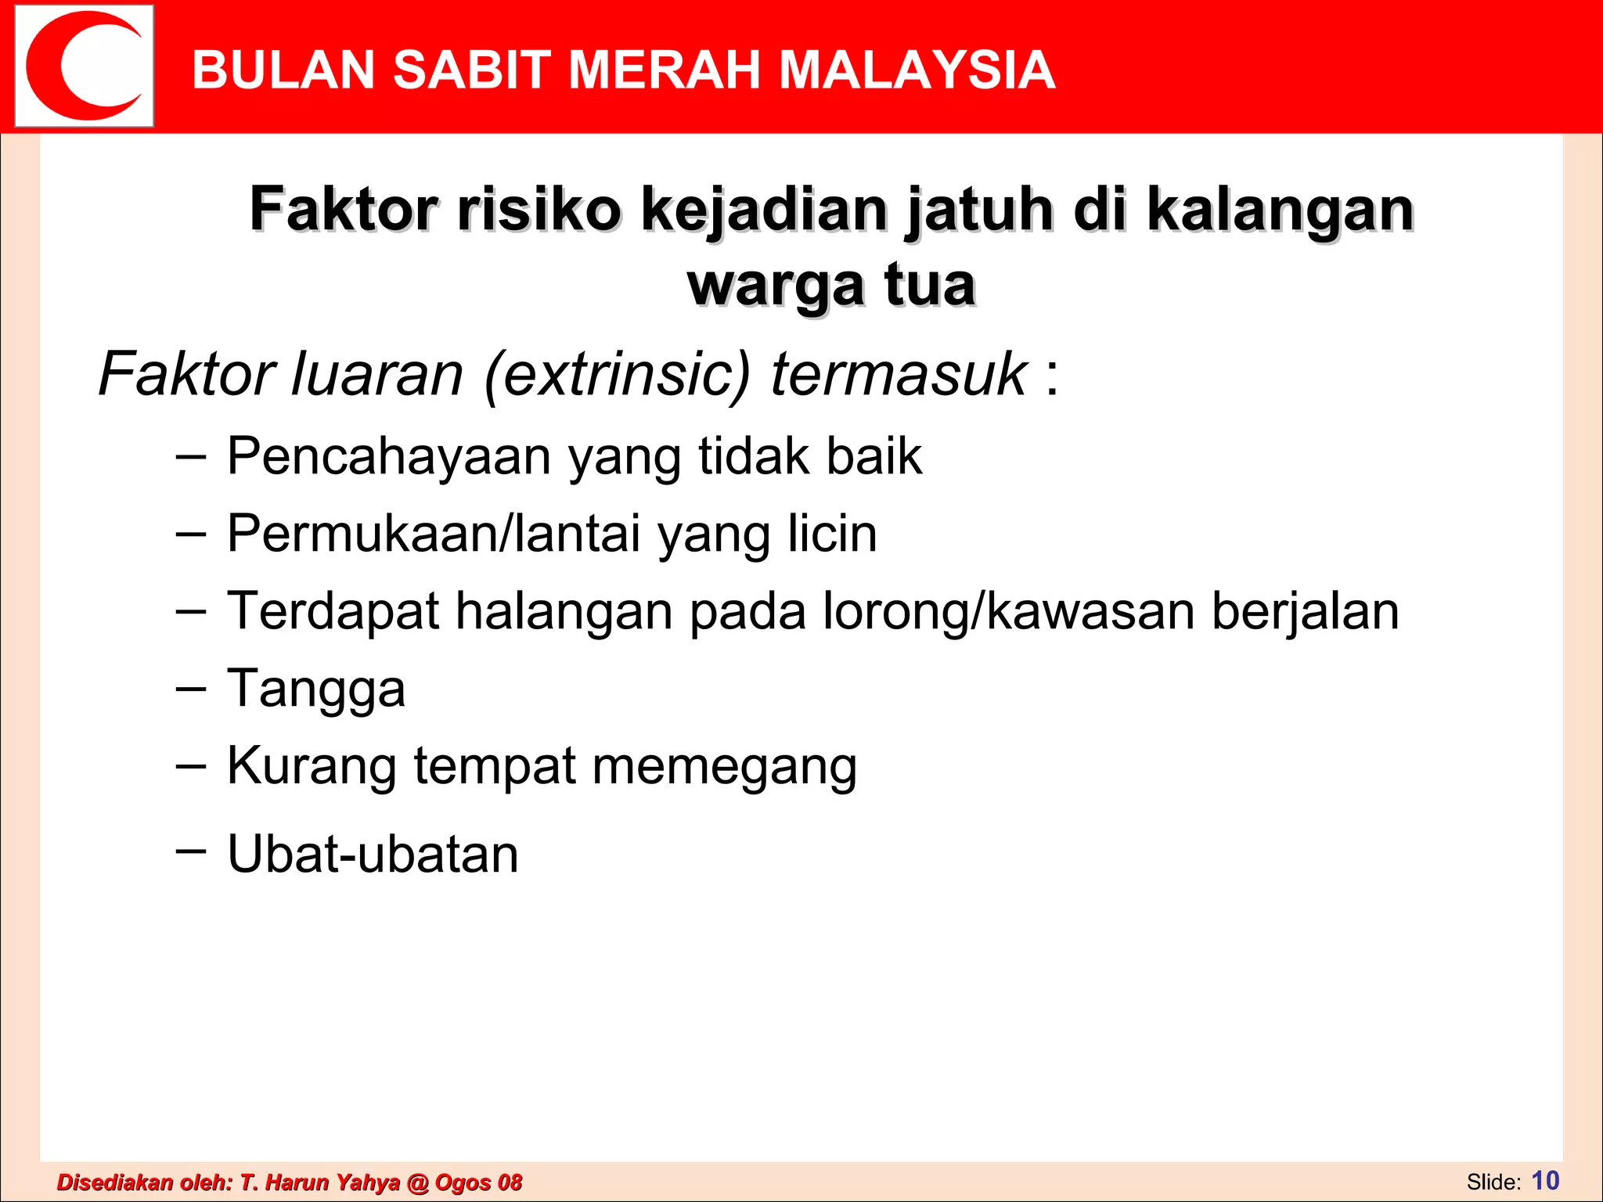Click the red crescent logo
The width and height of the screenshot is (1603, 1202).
(x=83, y=66)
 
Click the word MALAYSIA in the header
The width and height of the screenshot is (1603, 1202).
(x=917, y=70)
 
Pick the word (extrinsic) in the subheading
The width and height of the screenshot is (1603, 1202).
(x=618, y=374)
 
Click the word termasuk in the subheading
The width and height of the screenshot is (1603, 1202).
(x=898, y=374)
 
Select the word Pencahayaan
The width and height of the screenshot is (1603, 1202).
(x=389, y=456)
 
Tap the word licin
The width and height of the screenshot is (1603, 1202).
(x=832, y=534)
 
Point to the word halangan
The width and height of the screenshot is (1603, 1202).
(x=564, y=611)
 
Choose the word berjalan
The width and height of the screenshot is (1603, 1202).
(x=1305, y=611)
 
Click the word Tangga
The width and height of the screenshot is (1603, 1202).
(x=316, y=689)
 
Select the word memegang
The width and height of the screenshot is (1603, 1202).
(x=724, y=766)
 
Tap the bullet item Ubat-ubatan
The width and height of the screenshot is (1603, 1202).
(x=373, y=854)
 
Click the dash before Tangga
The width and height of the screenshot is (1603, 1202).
(x=191, y=688)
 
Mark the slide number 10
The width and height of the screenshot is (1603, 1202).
(x=1545, y=1180)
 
